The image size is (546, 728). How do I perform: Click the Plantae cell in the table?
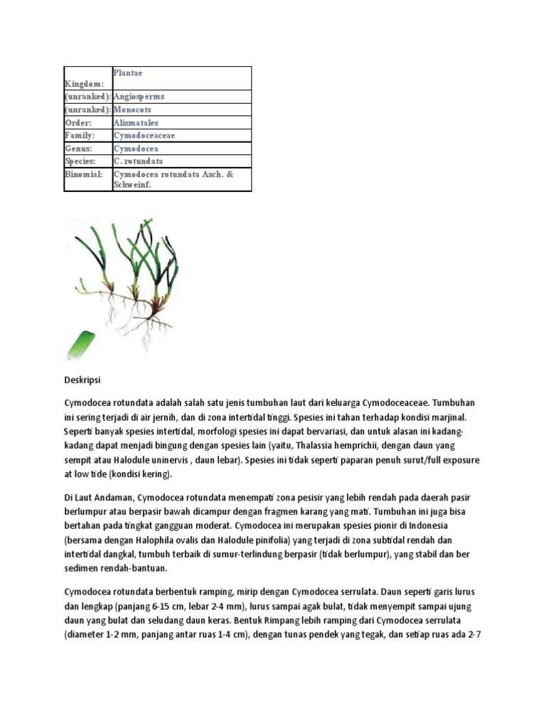tap(129, 73)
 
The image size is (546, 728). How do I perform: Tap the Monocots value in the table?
tap(132, 110)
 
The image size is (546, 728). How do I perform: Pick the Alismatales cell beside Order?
tap(136, 123)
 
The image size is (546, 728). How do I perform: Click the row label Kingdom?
tap(84, 84)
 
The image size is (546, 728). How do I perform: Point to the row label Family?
tap(80, 135)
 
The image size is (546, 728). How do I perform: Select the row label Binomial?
tap(85, 173)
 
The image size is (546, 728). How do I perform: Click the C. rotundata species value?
tap(137, 161)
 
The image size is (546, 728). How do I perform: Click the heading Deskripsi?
tap(85, 381)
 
